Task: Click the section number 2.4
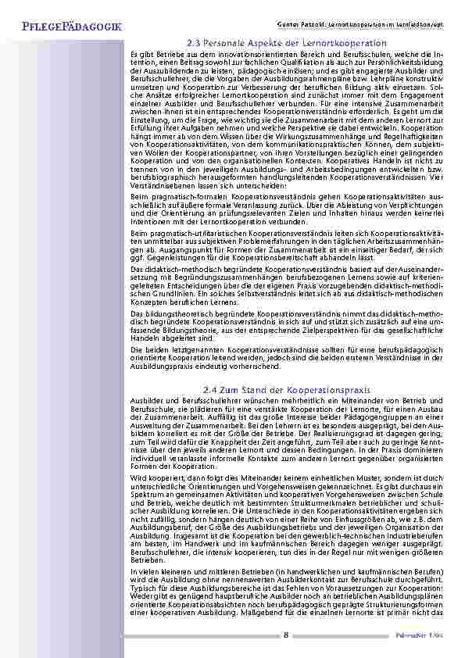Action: click(x=209, y=389)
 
